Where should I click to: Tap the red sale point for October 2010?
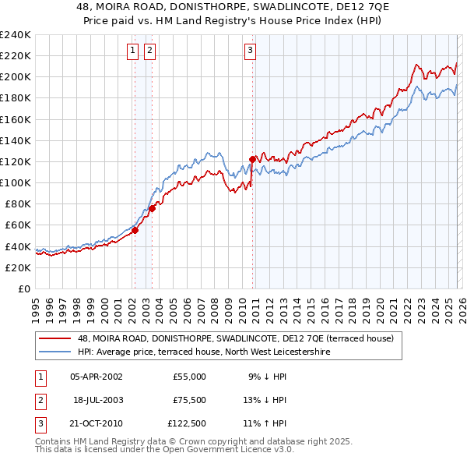pyautogui.click(x=252, y=159)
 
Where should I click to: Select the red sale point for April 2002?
pyautogui.click(x=135, y=230)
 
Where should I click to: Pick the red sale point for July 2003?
pyautogui.click(x=153, y=208)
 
